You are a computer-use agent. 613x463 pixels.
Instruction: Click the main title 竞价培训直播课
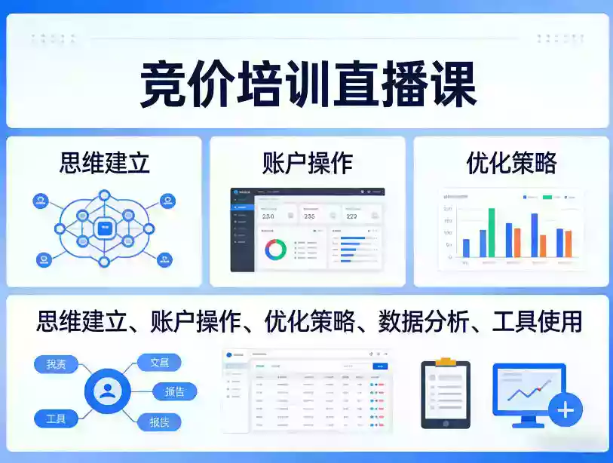coord(307,84)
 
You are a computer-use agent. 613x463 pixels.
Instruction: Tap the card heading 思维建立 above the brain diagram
coord(104,162)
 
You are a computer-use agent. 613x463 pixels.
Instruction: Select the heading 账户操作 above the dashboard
coord(308,162)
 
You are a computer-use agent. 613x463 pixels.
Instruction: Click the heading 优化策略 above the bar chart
coord(510,162)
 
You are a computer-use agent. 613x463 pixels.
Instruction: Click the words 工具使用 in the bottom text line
coord(537,321)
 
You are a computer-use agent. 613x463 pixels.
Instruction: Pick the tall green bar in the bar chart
coord(492,232)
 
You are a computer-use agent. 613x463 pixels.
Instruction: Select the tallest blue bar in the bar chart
coord(535,235)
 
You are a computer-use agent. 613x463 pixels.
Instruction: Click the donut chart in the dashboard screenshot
coord(274,249)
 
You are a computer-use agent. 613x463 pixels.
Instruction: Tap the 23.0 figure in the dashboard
coord(268,216)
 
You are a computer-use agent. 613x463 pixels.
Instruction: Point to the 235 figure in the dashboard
coord(310,216)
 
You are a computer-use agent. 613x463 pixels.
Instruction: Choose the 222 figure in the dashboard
coord(351,216)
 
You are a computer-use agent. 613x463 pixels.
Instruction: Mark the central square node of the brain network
coord(104,228)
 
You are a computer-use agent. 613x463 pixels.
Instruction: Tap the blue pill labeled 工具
coord(56,419)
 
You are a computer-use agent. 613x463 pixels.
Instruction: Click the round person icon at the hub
coord(109,391)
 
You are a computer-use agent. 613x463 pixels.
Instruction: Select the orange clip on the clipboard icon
coord(445,362)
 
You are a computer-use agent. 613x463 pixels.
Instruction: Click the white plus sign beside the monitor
coord(565,411)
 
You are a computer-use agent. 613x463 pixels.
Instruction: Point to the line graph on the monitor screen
coord(528,391)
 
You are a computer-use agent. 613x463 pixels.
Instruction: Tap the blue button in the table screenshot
coord(380,366)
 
